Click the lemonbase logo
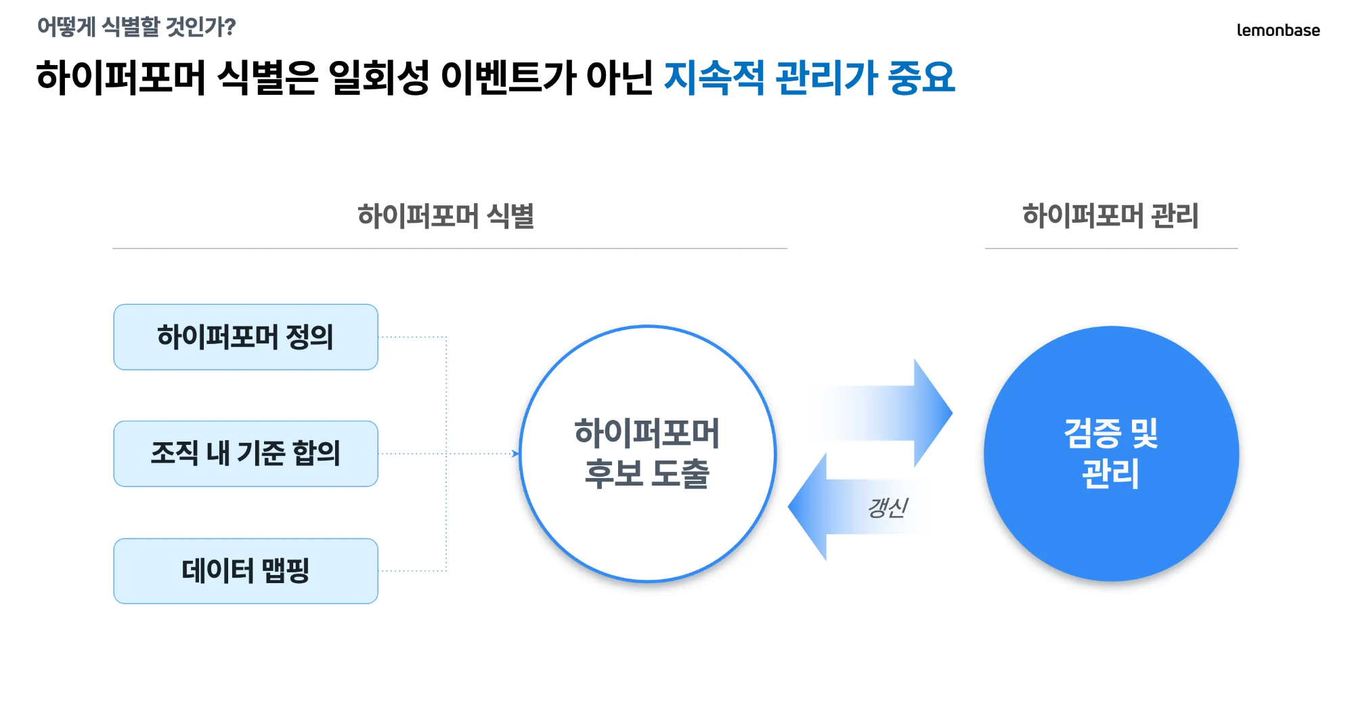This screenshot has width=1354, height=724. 1277,30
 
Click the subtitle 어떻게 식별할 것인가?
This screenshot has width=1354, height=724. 136,27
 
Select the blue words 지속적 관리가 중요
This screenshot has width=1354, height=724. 809,77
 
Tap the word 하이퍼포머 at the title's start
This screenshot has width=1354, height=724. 121,77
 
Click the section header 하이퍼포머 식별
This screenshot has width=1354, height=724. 445,216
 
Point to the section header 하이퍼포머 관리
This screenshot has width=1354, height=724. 1110,216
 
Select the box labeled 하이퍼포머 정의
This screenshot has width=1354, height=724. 246,337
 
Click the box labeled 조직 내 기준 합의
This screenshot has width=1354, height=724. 246,454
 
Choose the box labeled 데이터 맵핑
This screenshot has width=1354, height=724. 246,571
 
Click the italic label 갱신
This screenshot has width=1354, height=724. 888,507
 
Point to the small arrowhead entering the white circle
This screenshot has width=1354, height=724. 515,454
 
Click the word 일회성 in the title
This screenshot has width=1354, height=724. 378,77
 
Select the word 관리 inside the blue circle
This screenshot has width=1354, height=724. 1110,473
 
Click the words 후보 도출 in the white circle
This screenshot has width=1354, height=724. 647,473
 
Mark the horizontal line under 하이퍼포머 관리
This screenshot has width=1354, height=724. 1111,249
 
